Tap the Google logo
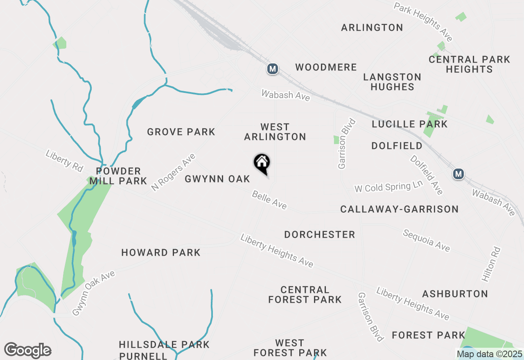coord(27,351)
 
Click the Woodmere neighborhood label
coord(326,67)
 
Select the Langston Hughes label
coord(392,82)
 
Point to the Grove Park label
coord(181,132)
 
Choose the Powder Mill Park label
coord(118,176)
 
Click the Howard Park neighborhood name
coord(161,252)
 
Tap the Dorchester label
coord(320,234)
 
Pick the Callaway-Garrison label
coord(400,209)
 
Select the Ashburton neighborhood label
coord(455,294)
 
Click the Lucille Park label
coord(410,124)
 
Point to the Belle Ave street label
coord(269,200)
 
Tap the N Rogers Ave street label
coord(173,172)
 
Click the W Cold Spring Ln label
coord(388,187)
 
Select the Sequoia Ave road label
coord(426,241)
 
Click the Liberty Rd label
coord(64,160)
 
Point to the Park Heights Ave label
coord(423,22)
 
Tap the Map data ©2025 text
coord(490,354)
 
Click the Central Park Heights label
coord(469,64)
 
